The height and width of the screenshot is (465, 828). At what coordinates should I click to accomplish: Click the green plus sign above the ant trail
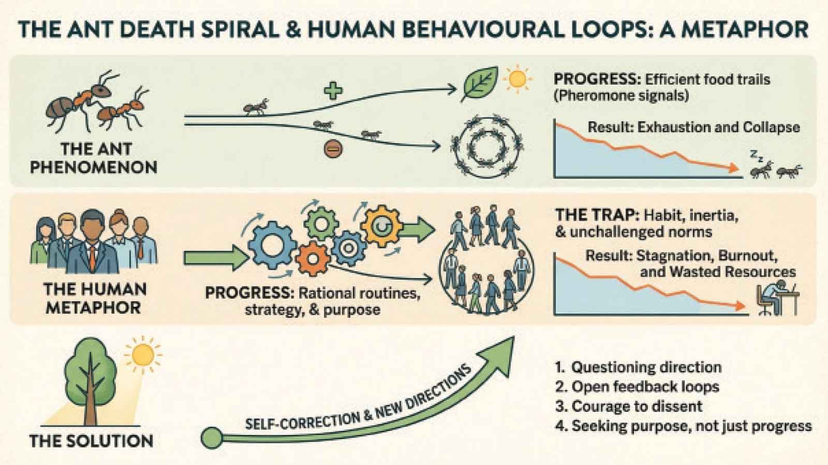coord(333,91)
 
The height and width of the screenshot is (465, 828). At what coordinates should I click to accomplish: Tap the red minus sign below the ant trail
coord(333,149)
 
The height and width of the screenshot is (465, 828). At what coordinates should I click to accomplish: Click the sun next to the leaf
coord(517,78)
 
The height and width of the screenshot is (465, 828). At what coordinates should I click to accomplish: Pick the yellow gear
coord(381,226)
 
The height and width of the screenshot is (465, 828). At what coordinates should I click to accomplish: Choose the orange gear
coord(313,259)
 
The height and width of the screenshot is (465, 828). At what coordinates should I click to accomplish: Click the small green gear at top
coord(321,224)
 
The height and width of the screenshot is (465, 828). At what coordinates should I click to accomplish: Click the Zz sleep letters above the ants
coord(756,156)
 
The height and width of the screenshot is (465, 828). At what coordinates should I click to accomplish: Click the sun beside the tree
coord(143,354)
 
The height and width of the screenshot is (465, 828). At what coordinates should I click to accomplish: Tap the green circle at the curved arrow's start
coord(212,438)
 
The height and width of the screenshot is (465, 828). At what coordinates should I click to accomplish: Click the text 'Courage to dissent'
coord(637,406)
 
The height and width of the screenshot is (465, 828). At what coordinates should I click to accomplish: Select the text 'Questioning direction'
coord(646,367)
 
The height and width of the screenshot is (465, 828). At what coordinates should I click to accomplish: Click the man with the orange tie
coord(92,242)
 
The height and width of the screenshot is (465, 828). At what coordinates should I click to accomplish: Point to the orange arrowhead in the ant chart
coord(734,168)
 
